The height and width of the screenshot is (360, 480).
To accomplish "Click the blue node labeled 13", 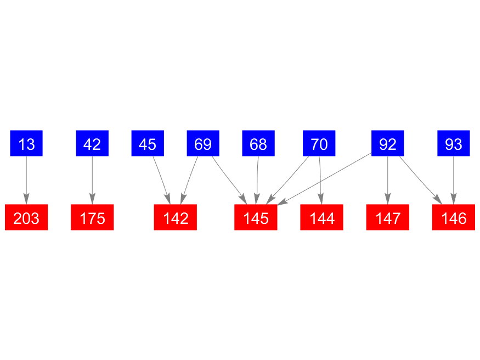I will [26, 144].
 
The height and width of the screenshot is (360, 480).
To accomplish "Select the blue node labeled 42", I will [92, 144].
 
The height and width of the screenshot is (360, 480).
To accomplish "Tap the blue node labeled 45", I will [148, 144].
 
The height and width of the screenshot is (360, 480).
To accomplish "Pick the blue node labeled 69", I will [203, 144].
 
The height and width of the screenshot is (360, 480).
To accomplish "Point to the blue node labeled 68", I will [258, 144].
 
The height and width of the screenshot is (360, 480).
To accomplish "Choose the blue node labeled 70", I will [319, 144].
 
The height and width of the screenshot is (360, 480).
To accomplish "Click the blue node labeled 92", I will [388, 144].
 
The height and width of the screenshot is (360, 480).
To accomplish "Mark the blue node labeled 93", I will [454, 144].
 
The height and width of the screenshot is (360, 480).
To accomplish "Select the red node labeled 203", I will [26, 218].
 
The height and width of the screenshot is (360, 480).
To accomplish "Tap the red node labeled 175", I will [92, 218].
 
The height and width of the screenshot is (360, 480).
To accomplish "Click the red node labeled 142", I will [176, 218].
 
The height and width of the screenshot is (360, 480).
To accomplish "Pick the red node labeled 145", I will [256, 218].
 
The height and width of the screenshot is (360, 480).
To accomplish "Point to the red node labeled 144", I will [322, 218].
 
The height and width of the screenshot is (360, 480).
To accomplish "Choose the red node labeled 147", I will [388, 218].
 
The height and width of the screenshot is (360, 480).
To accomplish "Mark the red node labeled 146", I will [454, 218].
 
